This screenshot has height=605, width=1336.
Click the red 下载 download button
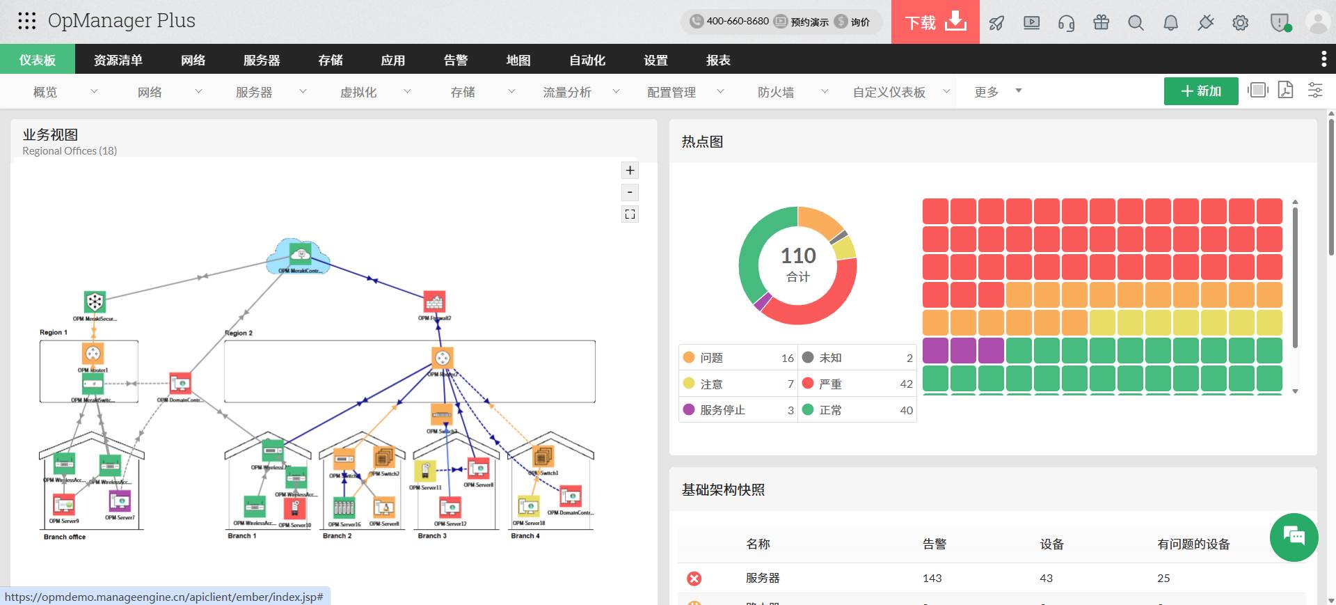935,22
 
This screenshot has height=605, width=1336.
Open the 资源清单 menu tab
118,60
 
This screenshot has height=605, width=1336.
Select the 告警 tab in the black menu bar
456,60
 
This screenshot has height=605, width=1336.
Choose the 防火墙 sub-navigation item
776,92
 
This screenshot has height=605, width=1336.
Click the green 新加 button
1200,91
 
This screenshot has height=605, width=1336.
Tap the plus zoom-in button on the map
630,171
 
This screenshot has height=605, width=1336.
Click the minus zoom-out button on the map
630,192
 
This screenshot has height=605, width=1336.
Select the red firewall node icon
434,302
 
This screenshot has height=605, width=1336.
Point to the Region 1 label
54,333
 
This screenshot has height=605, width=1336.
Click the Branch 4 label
525,536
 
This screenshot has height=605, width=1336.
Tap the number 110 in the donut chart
798,256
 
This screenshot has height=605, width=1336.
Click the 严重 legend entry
830,384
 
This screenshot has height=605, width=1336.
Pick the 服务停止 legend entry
722,410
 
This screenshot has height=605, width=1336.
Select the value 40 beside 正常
906,410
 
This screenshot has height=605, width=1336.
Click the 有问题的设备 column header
1193,544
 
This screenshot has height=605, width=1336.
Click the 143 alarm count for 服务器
932,579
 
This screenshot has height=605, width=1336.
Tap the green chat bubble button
1294,537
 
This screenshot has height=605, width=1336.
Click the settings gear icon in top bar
1240,23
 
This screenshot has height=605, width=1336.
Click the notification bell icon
1170,23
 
